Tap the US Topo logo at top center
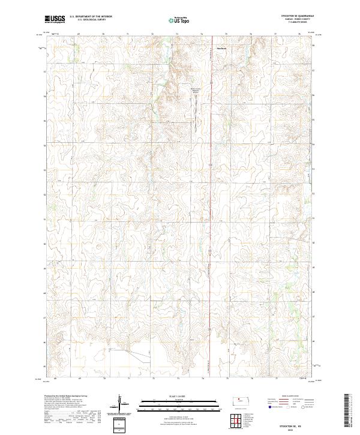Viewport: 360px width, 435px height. pos(179,20)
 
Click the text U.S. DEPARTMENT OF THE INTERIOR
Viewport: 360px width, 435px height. pos(91,17)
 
